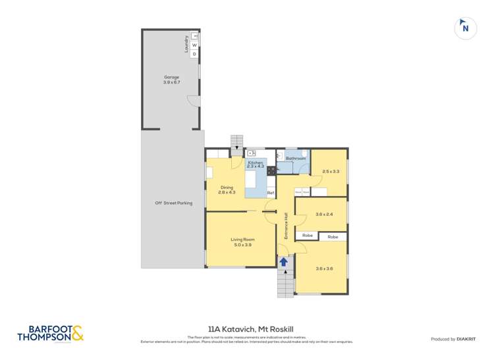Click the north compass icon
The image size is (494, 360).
[x=466, y=28]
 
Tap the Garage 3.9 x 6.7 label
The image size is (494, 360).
[x=171, y=80]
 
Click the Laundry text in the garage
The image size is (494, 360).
[x=187, y=44]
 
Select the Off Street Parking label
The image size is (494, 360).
[x=173, y=203]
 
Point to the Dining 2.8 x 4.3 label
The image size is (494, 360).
[x=227, y=190]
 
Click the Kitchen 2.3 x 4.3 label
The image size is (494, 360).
[x=256, y=165]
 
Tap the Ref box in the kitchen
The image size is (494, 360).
[x=270, y=192]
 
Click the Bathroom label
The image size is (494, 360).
[x=296, y=159]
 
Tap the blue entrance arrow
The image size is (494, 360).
[x=284, y=262]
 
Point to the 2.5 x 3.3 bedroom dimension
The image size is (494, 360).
[x=331, y=171]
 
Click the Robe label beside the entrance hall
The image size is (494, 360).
[x=308, y=236]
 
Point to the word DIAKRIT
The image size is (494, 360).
[x=472, y=339]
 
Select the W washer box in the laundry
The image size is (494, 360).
[x=195, y=45]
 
